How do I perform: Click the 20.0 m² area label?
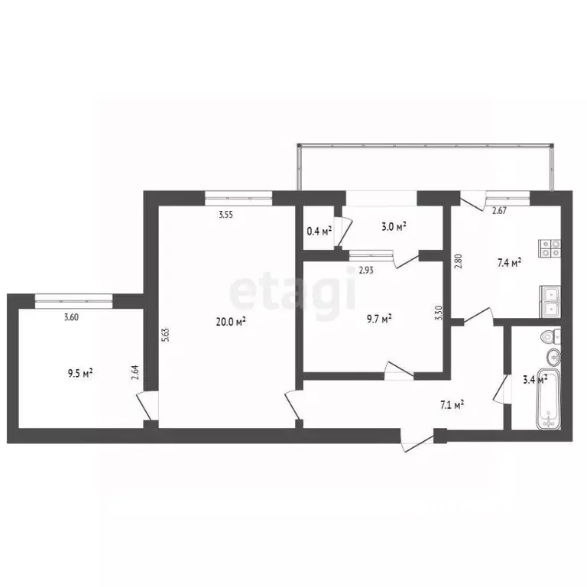tap(230, 323)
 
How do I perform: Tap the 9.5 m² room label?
tap(79, 374)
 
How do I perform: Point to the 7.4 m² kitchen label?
tap(508, 262)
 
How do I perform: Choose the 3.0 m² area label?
tap(393, 225)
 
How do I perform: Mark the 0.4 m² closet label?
tap(318, 230)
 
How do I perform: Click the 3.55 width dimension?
tap(225, 215)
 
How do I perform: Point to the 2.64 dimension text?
tap(135, 373)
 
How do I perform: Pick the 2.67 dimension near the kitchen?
tap(499, 211)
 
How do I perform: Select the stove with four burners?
tap(551, 248)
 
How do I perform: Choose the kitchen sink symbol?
tap(550, 300)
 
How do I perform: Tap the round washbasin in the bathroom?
tap(553, 356)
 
